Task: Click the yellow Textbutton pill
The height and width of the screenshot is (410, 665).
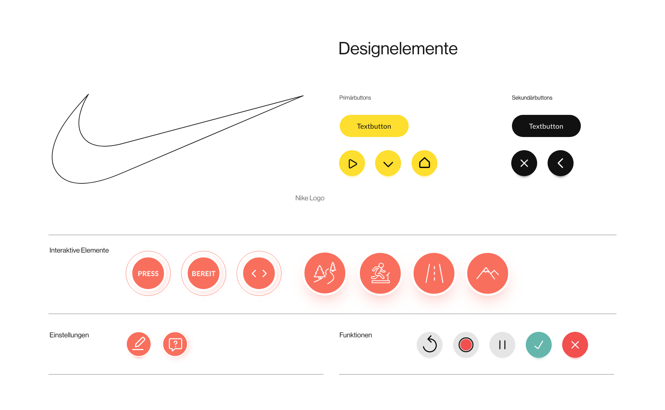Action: tap(374, 126)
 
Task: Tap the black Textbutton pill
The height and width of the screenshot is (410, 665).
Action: tap(546, 126)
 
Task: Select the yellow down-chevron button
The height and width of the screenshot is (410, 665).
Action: tap(388, 164)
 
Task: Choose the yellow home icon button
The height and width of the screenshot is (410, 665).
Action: tap(424, 163)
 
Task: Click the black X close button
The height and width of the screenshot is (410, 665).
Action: tap(524, 163)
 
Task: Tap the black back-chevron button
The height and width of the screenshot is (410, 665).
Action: tap(560, 163)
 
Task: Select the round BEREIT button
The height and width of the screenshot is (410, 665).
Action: tap(204, 274)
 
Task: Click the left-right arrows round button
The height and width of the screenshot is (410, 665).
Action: tap(259, 274)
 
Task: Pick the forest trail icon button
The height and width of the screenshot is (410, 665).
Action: tap(325, 273)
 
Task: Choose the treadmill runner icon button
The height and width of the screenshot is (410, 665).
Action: tap(380, 273)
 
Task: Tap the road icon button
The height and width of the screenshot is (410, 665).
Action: tap(434, 273)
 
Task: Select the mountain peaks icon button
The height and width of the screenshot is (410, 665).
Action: tap(488, 273)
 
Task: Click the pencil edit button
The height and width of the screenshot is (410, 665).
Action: tap(139, 344)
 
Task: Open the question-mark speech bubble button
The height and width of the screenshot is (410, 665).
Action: tap(176, 345)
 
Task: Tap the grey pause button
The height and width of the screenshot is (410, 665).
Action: tap(502, 345)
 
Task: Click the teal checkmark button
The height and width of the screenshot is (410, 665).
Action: tap(539, 345)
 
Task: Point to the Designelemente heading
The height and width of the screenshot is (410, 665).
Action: tap(398, 49)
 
